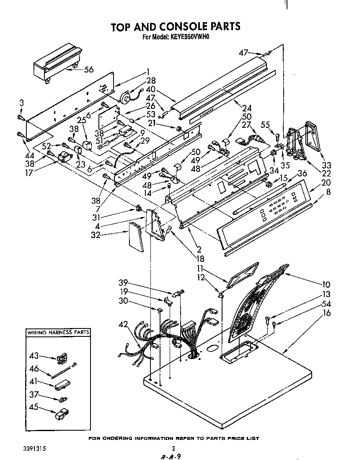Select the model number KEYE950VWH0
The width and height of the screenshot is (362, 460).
189,37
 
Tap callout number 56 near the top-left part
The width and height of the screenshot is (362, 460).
88,70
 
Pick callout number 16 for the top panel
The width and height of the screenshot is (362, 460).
326,313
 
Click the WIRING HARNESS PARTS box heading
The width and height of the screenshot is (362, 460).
58,333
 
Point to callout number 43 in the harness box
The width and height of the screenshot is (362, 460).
34,356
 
